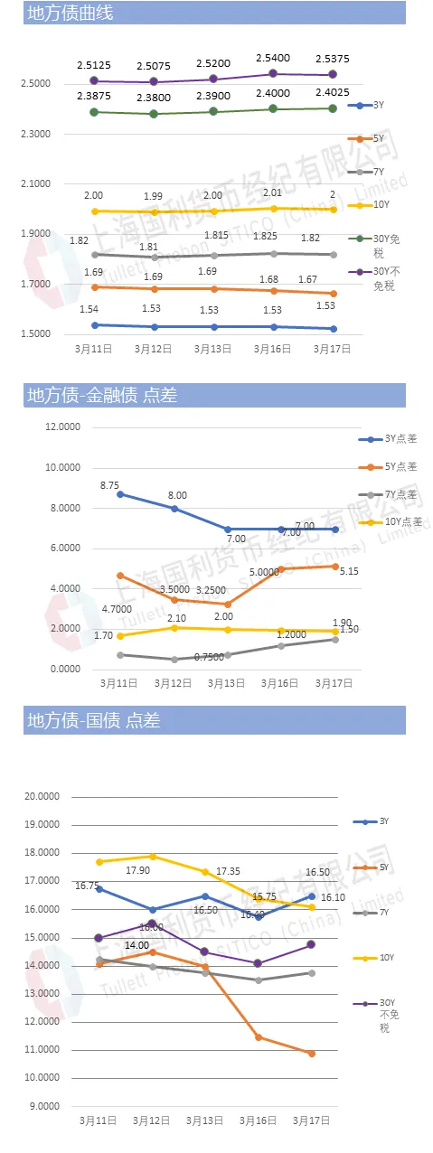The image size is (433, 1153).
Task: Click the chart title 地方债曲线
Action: [x=71, y=13]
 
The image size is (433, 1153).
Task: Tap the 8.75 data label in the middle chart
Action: [x=111, y=485]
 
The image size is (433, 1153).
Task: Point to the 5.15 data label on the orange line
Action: [x=336, y=570]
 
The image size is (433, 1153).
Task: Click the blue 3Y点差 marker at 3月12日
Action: [x=174, y=509]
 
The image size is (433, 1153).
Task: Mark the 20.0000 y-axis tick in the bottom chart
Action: [x=42, y=796]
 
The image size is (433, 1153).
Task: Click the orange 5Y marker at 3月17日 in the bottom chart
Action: [x=312, y=1054]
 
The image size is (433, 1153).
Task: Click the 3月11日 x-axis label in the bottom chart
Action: [x=98, y=1120]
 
